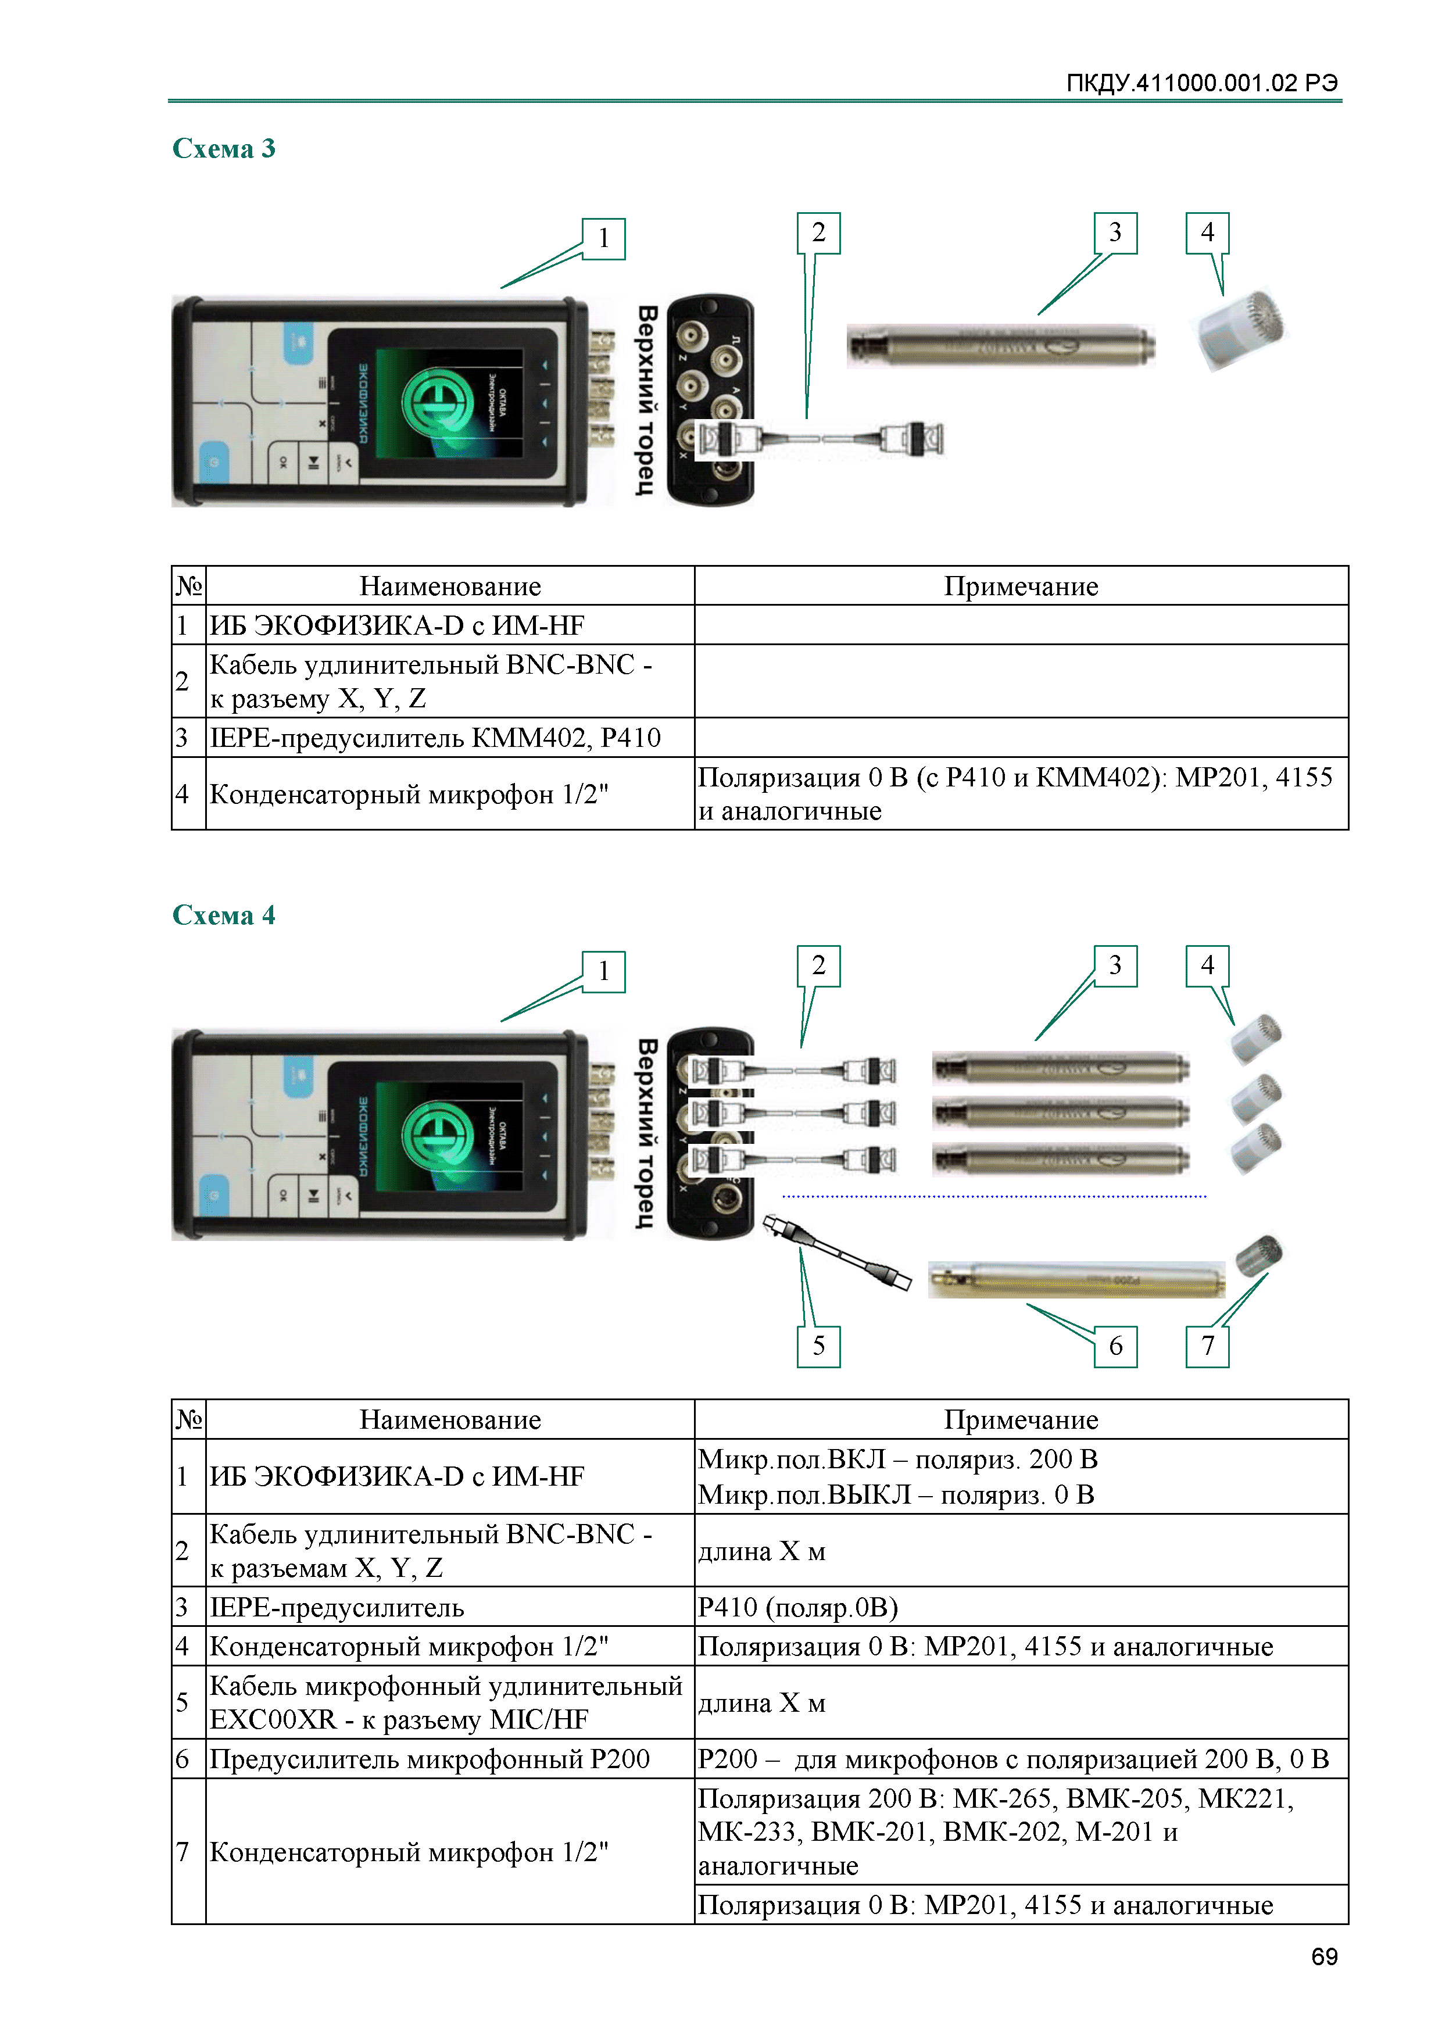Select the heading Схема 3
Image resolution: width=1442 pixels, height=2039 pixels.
224,148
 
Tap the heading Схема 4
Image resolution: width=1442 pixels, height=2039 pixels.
224,915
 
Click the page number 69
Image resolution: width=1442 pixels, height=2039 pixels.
1324,1956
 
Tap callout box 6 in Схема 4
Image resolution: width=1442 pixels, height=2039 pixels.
1115,1346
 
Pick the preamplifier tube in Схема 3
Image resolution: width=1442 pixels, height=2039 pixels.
1001,345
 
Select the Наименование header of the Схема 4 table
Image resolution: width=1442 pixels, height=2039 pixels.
450,1419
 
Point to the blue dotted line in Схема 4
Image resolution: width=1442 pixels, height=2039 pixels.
994,1196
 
